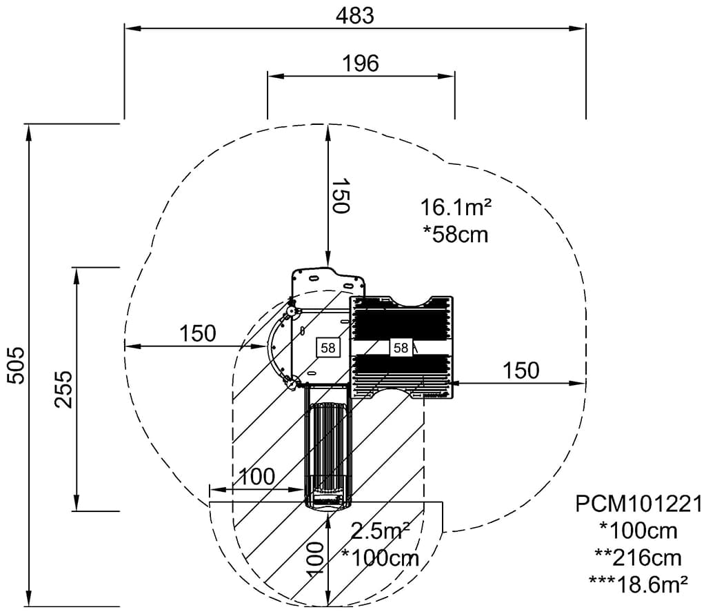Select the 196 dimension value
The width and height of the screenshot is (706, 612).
pos(361,63)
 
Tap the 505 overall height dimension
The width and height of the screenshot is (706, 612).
pos(17,365)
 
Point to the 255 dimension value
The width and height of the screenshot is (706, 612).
pos(63,389)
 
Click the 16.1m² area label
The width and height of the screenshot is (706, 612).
pos(456,208)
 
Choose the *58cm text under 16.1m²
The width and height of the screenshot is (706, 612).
pos(456,235)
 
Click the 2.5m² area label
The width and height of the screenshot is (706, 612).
pos(380,531)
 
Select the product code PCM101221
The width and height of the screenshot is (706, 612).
pos(638,504)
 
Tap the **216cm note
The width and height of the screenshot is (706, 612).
pos(638,558)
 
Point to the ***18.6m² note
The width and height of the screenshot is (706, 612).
pos(638,585)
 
